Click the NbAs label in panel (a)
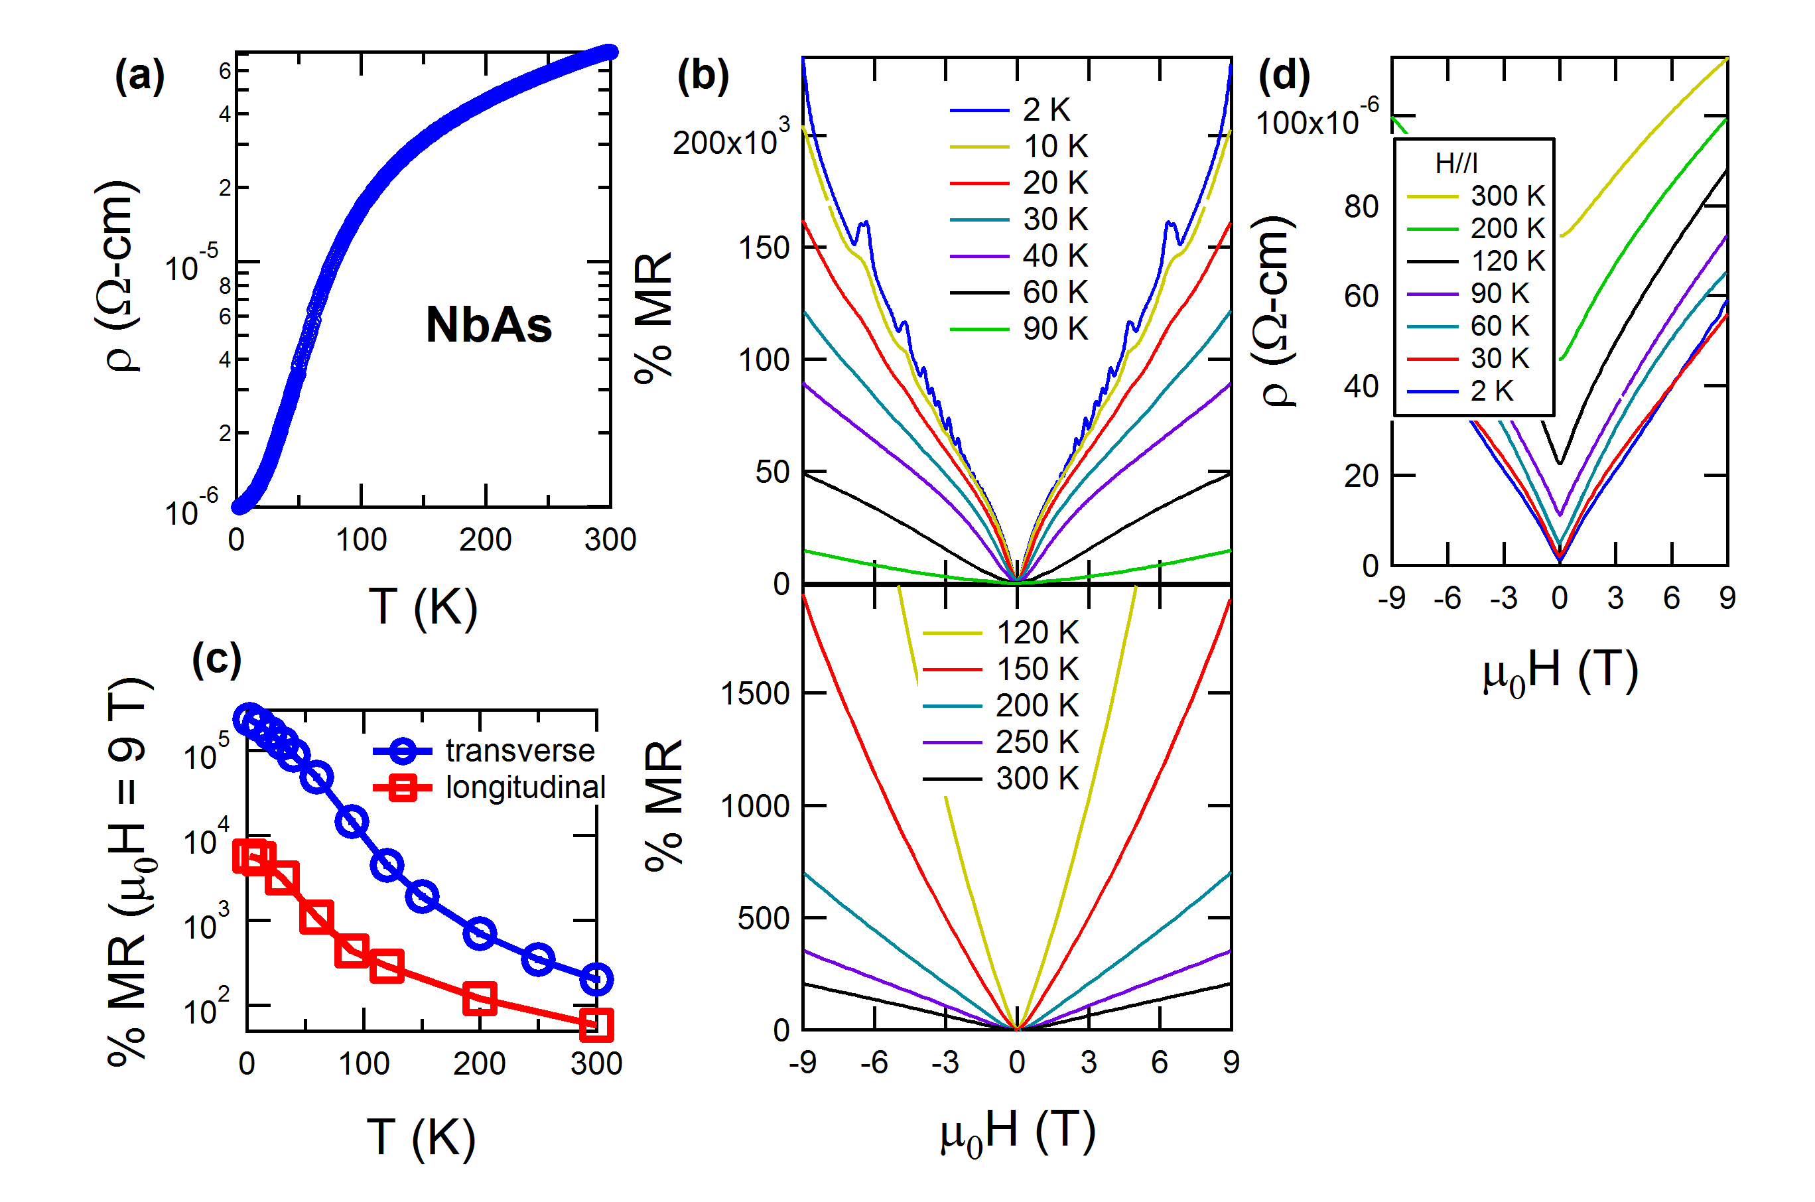(488, 325)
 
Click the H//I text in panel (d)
(1456, 163)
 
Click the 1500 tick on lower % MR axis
(755, 694)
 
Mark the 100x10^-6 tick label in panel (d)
(1317, 119)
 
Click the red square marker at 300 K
(596, 1024)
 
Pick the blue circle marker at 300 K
(596, 979)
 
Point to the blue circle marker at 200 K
(480, 934)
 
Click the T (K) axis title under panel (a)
(423, 607)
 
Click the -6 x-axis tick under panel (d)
(1447, 598)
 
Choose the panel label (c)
(216, 660)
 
